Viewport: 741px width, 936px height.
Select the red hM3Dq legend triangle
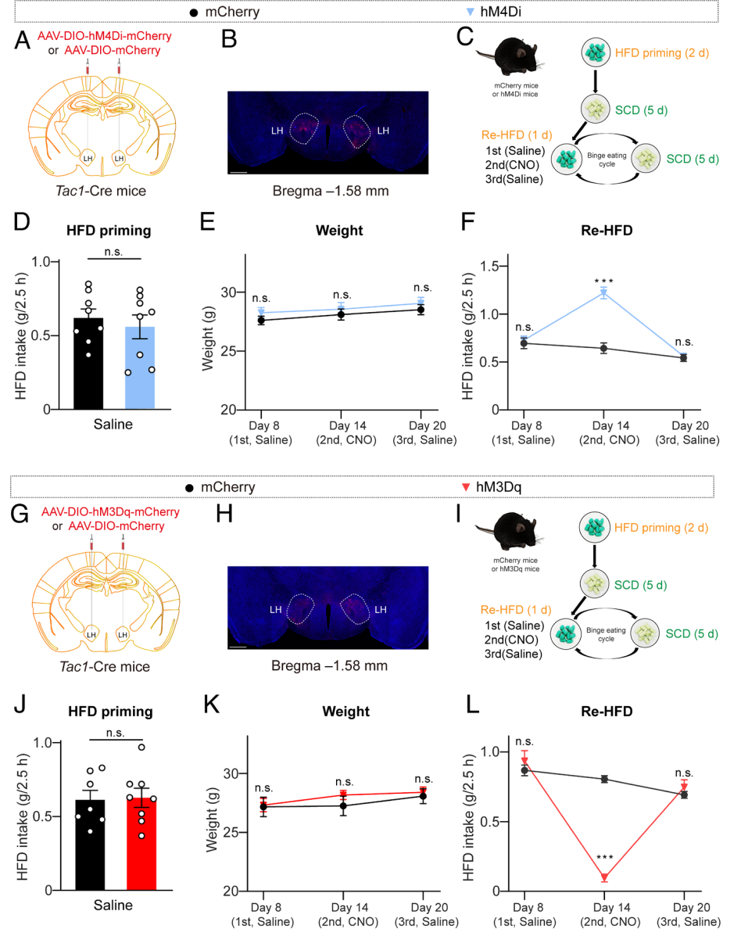pyautogui.click(x=466, y=486)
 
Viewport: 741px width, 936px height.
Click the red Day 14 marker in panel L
pyautogui.click(x=604, y=877)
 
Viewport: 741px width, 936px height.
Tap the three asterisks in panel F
pyautogui.click(x=603, y=278)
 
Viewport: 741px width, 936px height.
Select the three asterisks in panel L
pyautogui.click(x=604, y=859)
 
